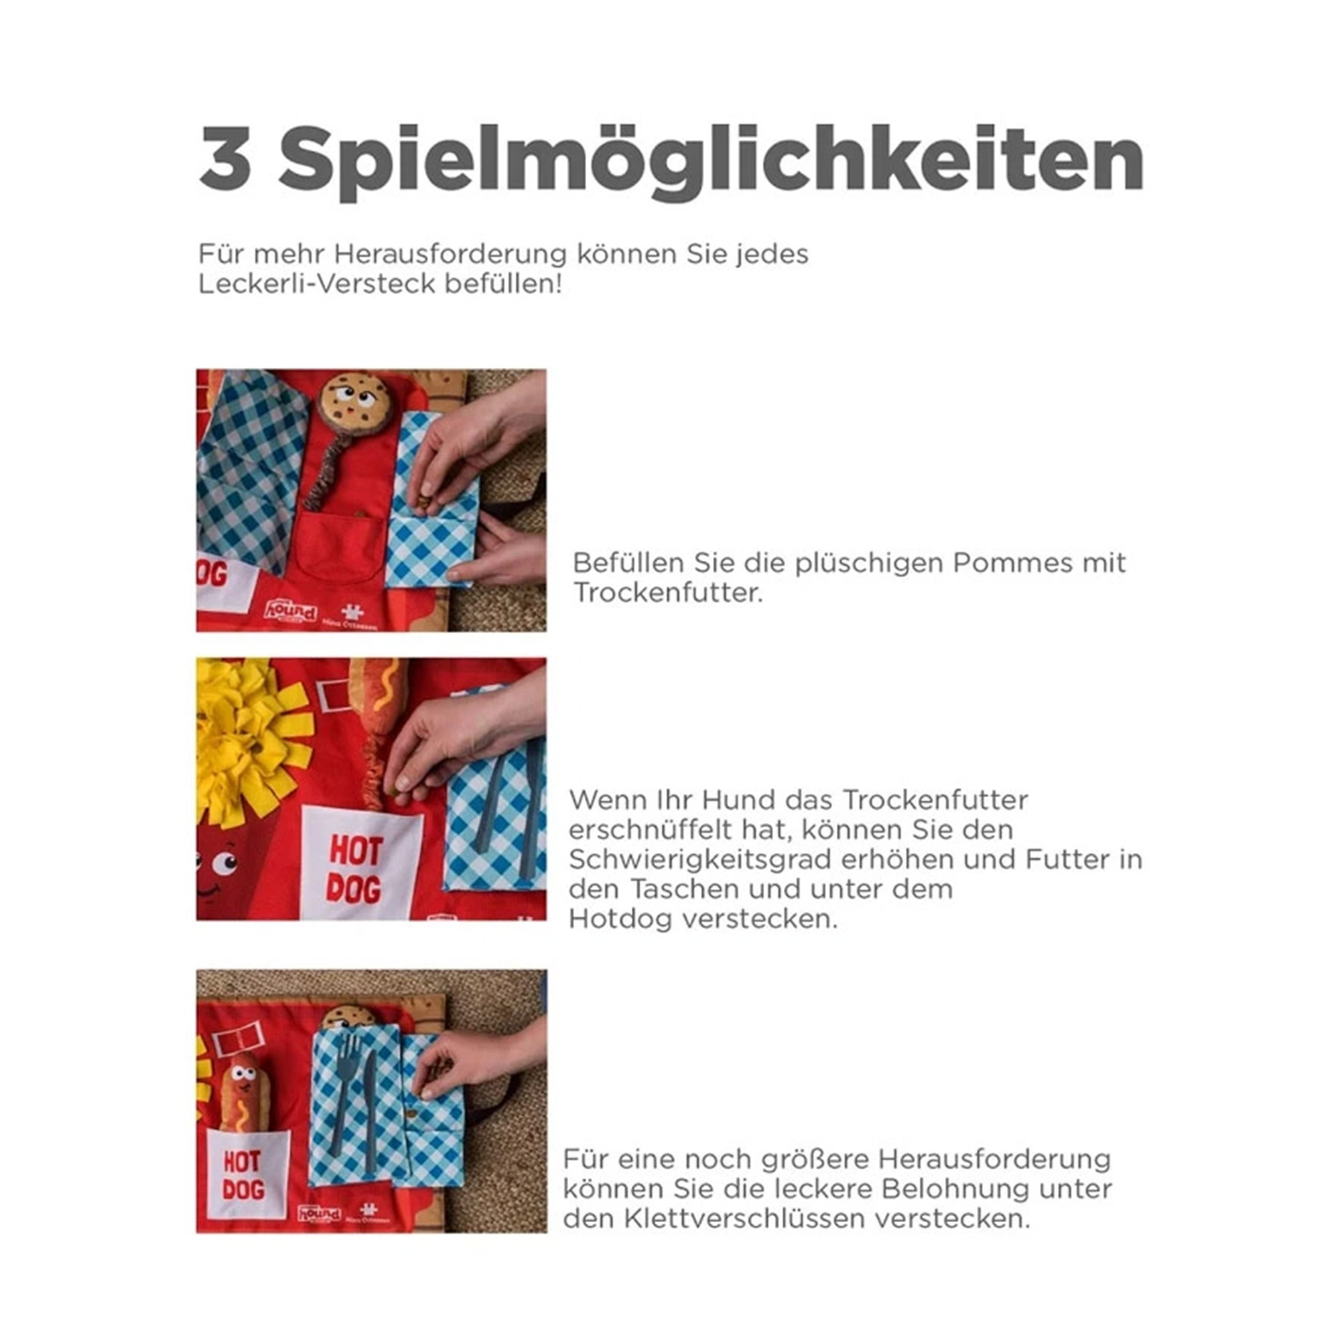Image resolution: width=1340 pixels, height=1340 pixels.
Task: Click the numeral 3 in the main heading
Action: (x=225, y=158)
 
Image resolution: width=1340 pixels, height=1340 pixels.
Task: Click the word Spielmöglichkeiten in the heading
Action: (x=712, y=163)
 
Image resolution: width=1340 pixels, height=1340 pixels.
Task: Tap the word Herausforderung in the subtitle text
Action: (x=450, y=254)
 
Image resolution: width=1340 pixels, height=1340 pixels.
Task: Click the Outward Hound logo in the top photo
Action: (x=290, y=611)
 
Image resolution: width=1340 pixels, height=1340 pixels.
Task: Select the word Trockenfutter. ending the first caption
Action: (x=668, y=593)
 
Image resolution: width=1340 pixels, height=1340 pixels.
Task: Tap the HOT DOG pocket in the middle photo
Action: (x=361, y=864)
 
